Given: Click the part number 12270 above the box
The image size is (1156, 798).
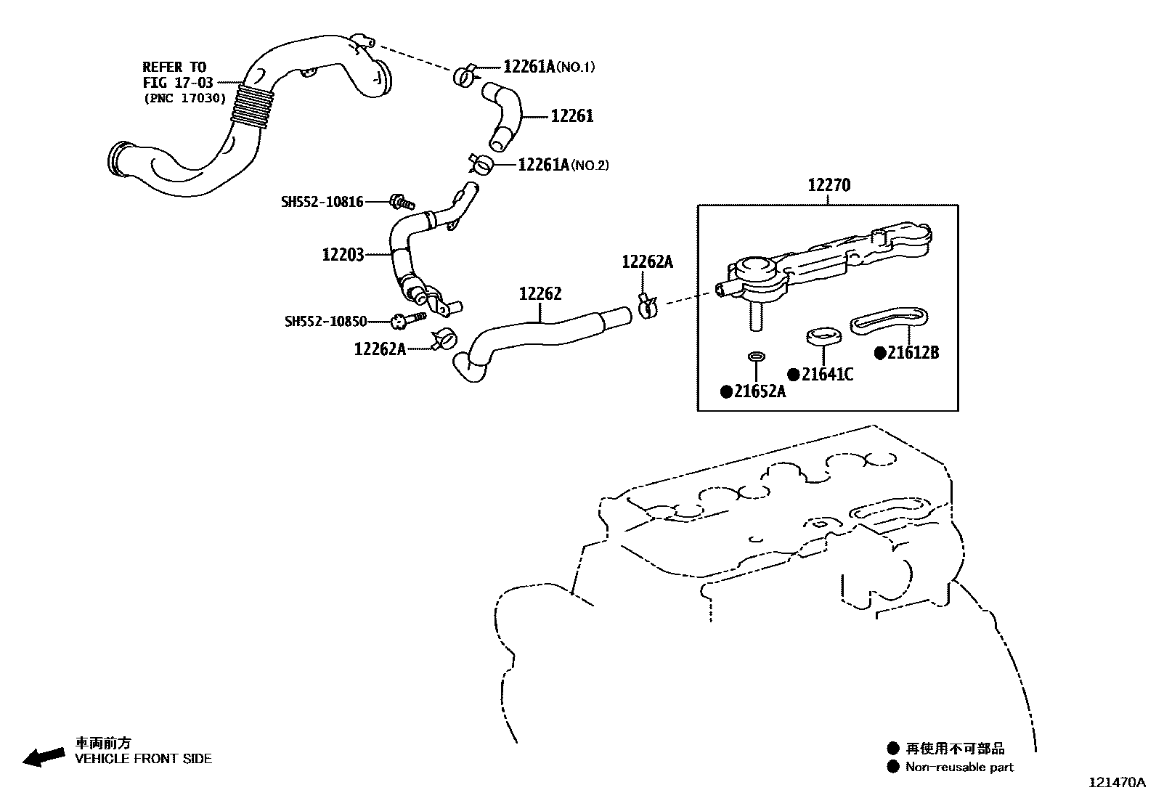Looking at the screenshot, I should click(x=829, y=186).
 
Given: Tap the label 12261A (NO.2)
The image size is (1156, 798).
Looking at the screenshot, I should click(x=563, y=165).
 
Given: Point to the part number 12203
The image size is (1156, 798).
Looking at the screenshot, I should click(x=343, y=255).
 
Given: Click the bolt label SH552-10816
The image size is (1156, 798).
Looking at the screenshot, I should click(x=322, y=202).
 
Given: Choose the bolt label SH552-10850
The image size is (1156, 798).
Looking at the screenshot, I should click(x=325, y=321).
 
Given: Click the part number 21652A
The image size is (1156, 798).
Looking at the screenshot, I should click(x=760, y=391).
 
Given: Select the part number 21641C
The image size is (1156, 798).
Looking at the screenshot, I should click(x=827, y=375).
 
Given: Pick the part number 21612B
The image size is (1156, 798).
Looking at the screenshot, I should click(x=913, y=353).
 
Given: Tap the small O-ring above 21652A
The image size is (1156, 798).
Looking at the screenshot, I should click(x=756, y=357).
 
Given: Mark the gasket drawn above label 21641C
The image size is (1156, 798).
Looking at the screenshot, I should click(x=823, y=336).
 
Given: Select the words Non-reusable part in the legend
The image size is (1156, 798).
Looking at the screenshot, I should click(x=959, y=767).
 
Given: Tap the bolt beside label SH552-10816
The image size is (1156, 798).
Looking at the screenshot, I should click(x=399, y=201).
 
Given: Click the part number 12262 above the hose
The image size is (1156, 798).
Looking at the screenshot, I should click(x=540, y=294).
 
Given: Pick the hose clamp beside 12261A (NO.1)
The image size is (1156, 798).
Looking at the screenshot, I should click(x=465, y=74).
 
